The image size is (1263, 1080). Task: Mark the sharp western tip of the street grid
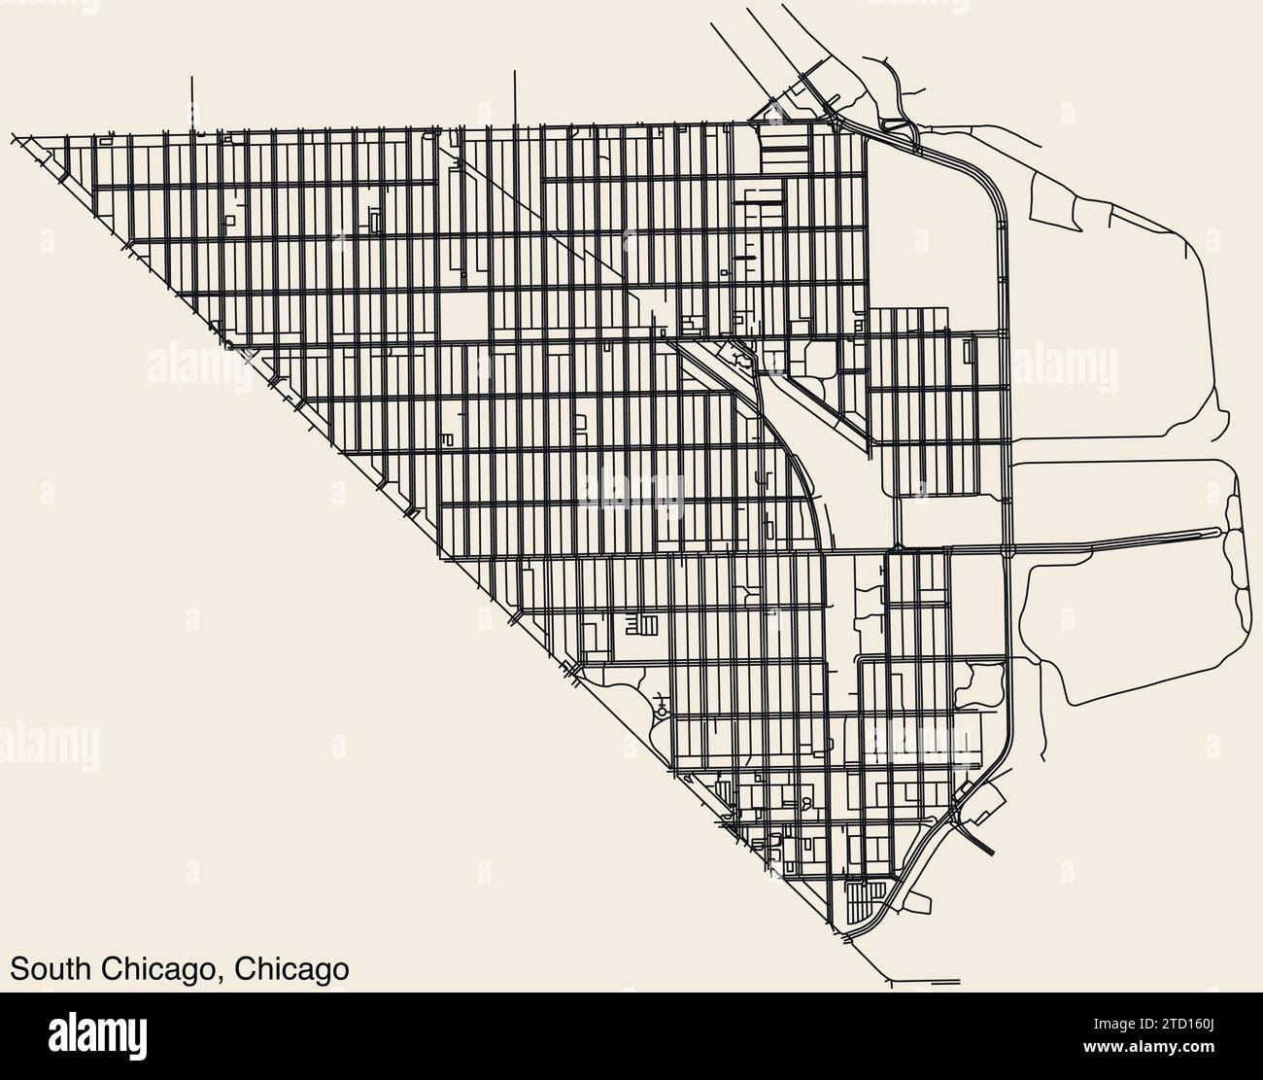coord(14,136)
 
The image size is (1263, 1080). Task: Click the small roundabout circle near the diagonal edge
coord(662,712)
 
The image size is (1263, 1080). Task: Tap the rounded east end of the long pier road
coord(1218,531)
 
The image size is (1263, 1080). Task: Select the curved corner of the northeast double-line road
coord(989,185)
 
